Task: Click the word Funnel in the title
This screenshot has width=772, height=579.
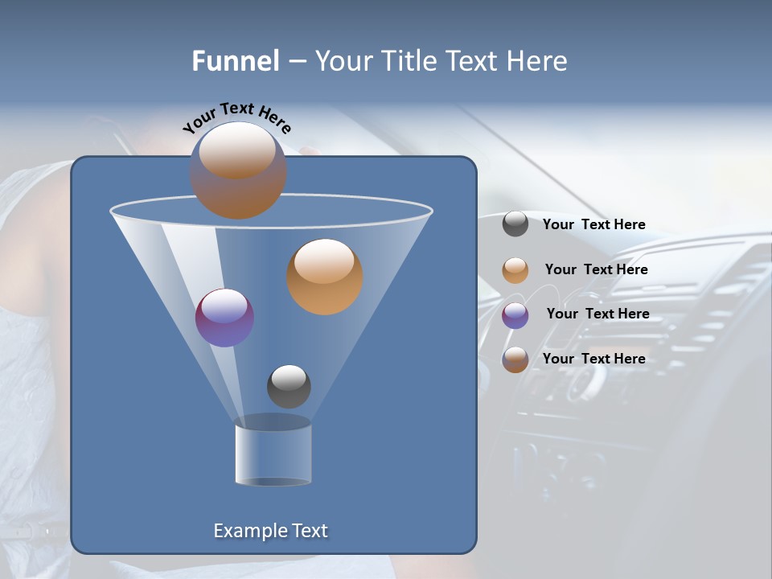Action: (x=236, y=61)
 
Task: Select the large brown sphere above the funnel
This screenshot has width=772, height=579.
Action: (x=238, y=170)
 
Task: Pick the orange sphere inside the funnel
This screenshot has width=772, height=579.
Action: (x=325, y=277)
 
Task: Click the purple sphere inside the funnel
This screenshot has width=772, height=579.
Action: (x=225, y=318)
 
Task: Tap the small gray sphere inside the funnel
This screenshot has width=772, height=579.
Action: (x=289, y=386)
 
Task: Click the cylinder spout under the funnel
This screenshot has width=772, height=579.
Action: (x=273, y=454)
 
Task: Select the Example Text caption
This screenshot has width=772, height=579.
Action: (x=271, y=531)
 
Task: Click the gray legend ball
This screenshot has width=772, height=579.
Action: (x=515, y=224)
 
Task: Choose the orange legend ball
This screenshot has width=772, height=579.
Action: (x=515, y=270)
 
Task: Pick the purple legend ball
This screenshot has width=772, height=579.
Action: (x=515, y=315)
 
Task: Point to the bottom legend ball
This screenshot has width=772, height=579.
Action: (x=515, y=359)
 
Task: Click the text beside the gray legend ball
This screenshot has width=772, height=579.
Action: (x=593, y=224)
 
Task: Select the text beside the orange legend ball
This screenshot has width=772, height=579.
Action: (x=596, y=269)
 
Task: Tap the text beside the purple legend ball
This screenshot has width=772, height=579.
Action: (x=597, y=314)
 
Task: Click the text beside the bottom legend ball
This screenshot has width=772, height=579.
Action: (x=593, y=359)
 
